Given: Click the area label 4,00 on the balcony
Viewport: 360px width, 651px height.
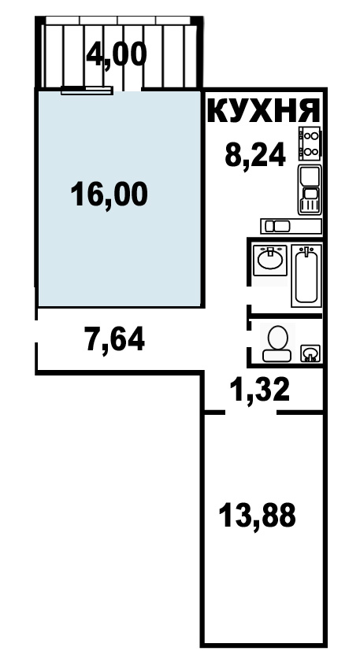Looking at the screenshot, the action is click(x=117, y=55).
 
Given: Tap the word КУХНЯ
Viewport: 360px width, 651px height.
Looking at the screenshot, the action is click(x=264, y=111).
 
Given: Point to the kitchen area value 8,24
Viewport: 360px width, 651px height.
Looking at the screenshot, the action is click(x=254, y=154).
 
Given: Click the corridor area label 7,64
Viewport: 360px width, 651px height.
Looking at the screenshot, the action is click(x=115, y=338).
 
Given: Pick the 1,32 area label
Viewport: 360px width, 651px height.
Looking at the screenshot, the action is click(x=261, y=390).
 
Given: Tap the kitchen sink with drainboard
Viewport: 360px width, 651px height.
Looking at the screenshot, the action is click(x=310, y=190).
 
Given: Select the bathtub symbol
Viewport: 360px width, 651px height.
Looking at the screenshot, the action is click(x=306, y=276).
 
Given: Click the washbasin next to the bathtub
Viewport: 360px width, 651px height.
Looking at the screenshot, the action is click(x=270, y=260).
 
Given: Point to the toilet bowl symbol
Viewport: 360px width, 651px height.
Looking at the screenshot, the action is click(x=277, y=343).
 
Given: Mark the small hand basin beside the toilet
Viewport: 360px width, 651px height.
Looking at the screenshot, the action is click(x=310, y=353).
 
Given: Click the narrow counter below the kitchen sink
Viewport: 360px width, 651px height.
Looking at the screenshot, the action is click(x=291, y=226).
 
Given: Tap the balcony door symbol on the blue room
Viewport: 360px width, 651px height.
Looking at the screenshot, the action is click(x=87, y=90).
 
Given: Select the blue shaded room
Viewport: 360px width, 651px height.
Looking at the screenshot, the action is click(x=121, y=198).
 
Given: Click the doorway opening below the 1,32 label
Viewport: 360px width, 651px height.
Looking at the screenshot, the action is click(x=251, y=412).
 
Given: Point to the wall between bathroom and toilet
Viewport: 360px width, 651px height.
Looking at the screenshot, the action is click(x=286, y=316).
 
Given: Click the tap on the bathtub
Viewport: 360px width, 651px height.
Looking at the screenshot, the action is click(x=306, y=250).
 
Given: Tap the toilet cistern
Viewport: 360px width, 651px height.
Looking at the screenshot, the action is click(x=277, y=355).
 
